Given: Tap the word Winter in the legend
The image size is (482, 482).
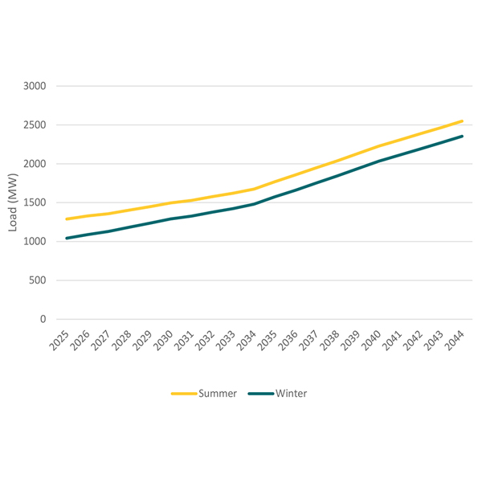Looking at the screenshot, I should pyautogui.click(x=291, y=394).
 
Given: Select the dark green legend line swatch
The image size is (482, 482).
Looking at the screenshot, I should pyautogui.click(x=260, y=394).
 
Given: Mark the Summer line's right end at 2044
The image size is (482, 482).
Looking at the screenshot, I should pyautogui.click(x=463, y=121).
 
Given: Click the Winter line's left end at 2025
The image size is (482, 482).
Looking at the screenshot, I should pyautogui.click(x=67, y=238).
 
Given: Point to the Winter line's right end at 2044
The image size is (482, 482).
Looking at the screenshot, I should pyautogui.click(x=463, y=136).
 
